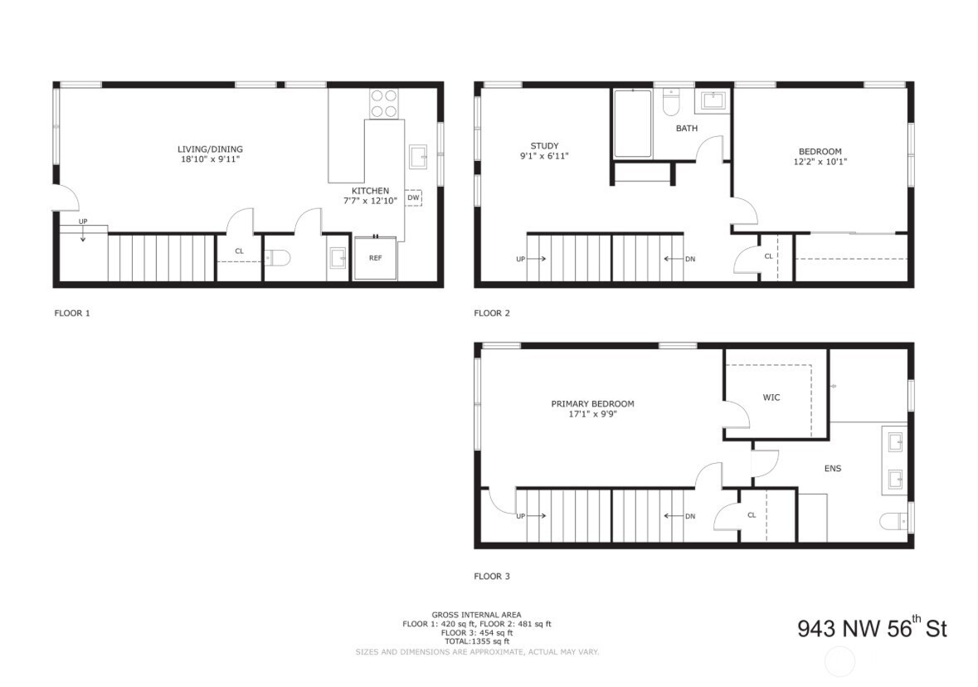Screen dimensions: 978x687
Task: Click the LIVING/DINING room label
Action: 210,149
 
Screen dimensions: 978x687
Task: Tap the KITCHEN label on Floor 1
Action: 370,191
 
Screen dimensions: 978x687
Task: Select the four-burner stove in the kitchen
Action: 383,104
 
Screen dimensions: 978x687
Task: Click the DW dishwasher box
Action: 413,197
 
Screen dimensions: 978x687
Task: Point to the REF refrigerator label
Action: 375,258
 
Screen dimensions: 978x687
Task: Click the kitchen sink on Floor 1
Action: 418,157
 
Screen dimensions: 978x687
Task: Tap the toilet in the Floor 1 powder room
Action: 277,257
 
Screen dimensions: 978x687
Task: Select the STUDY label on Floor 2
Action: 544,146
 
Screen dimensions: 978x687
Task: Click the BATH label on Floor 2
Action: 687,129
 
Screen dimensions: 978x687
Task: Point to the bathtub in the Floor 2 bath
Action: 632,124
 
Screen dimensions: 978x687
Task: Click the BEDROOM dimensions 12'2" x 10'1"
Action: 820,162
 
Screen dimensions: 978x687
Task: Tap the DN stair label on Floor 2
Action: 690,259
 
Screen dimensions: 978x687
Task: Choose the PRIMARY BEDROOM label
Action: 592,404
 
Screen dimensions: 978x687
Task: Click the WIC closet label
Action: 771,397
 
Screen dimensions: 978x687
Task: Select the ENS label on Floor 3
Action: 833,469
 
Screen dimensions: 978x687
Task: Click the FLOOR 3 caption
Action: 492,576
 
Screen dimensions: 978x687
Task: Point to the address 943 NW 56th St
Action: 873,627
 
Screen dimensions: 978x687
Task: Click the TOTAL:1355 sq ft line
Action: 476,641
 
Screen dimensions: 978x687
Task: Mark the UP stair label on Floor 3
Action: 521,516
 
